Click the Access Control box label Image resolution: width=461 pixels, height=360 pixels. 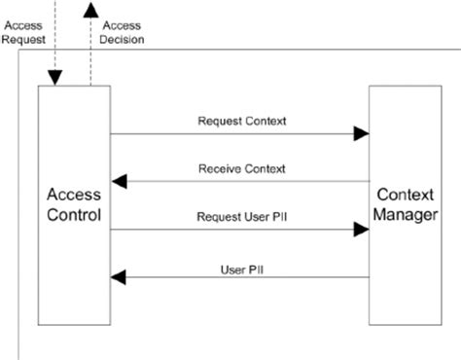[73, 205]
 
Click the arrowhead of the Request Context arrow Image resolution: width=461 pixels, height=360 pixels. [361, 133]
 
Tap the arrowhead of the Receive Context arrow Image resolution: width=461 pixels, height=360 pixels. [119, 181]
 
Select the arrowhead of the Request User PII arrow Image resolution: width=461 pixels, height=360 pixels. [361, 230]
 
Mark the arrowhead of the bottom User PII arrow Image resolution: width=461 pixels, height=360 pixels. [119, 277]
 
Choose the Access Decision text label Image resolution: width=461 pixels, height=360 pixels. [123, 34]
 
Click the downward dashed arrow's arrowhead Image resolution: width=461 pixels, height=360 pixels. [56, 77]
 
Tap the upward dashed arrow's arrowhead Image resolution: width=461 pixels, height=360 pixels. [90, 10]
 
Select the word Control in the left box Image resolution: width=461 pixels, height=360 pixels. [73, 216]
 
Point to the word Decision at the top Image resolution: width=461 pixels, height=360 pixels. [123, 41]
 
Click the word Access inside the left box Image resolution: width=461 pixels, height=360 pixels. [73, 195]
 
